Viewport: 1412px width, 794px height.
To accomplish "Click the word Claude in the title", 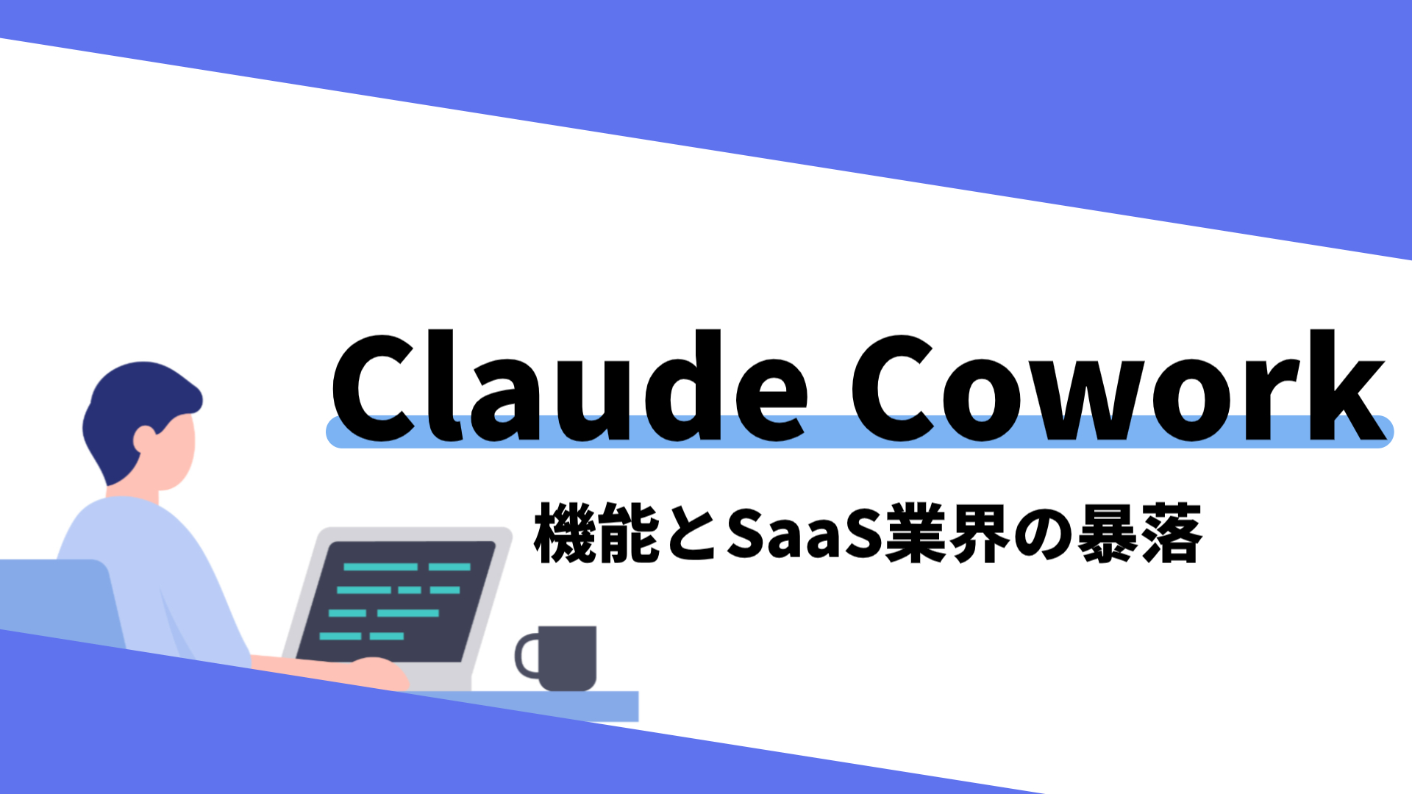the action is tap(570, 386).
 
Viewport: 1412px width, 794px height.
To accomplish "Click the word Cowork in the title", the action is tap(1119, 386).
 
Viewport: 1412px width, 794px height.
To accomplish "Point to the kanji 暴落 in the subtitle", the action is tap(1140, 534).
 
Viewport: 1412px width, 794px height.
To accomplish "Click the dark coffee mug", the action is tap(566, 658).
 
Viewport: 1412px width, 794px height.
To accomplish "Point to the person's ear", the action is tap(144, 440).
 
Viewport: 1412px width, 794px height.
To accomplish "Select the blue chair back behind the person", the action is tap(59, 603).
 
